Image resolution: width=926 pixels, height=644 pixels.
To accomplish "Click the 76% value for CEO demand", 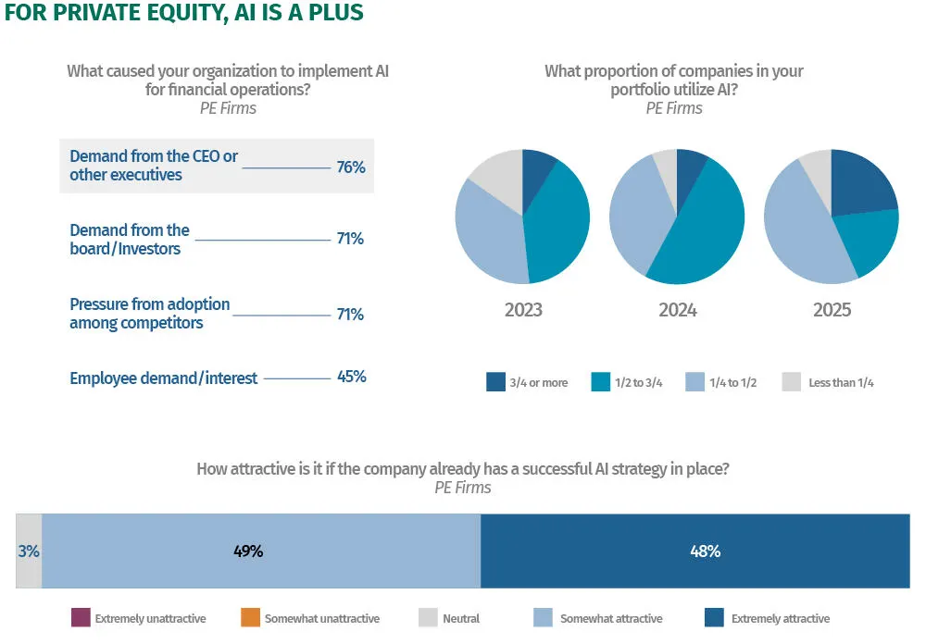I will click(x=350, y=167).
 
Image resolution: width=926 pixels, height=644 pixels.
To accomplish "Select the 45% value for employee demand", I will click(x=350, y=377).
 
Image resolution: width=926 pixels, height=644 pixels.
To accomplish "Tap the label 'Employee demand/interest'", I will click(x=163, y=378).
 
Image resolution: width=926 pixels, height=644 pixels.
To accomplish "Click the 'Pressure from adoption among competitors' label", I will click(x=150, y=314).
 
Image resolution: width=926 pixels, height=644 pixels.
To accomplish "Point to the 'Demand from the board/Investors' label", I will click(x=130, y=239).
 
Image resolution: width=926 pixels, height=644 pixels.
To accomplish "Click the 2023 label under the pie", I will click(x=523, y=310).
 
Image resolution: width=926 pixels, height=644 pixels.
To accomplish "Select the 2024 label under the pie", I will click(x=678, y=310).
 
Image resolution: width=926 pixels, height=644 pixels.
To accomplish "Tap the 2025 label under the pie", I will click(x=832, y=310).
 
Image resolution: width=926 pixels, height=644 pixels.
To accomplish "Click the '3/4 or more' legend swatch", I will click(x=495, y=382).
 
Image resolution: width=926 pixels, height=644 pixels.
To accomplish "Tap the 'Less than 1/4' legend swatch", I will click(x=791, y=382).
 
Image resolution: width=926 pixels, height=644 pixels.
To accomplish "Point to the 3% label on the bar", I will click(x=29, y=551).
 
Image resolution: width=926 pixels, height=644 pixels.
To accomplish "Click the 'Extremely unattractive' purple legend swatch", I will click(x=81, y=618).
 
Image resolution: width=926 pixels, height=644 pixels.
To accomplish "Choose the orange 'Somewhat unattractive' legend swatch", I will click(x=249, y=618).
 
